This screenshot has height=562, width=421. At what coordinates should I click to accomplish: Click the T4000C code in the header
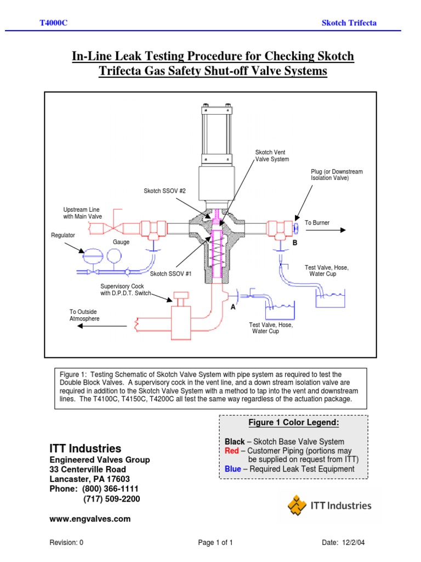[x=54, y=23]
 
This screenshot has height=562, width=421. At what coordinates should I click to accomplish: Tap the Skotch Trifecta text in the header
[x=349, y=23]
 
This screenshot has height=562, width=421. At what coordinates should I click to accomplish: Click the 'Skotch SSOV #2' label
[x=165, y=190]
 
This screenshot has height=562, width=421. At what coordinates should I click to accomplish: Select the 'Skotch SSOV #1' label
[x=171, y=274]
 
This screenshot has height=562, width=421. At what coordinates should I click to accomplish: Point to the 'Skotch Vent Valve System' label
[x=272, y=155]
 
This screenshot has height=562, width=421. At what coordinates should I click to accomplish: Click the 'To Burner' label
[x=317, y=223]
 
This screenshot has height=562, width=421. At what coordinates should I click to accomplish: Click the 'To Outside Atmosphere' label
[x=84, y=315]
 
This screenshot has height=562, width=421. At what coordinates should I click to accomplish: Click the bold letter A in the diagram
[x=233, y=307]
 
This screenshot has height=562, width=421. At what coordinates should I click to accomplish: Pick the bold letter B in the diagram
[x=294, y=242]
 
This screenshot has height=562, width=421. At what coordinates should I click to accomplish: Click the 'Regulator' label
[x=63, y=235]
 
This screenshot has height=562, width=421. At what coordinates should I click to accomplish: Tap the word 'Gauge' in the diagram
[x=121, y=242]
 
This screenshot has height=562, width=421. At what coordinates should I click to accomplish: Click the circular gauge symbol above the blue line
[x=114, y=255]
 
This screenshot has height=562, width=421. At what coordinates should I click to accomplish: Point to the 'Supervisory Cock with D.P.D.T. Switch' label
[x=126, y=289]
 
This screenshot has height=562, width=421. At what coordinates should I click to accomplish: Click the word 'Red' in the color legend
[x=232, y=451]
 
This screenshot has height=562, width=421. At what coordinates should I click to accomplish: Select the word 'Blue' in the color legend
[x=233, y=469]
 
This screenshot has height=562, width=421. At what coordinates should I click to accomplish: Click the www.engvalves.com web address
[x=90, y=518]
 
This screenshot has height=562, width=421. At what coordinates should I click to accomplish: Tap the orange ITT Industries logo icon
[x=298, y=505]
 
